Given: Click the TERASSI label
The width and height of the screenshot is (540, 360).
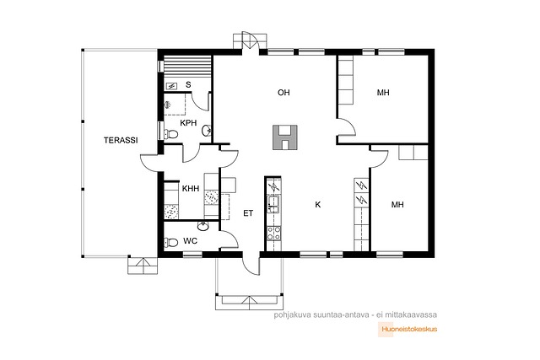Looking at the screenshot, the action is [x=121, y=140].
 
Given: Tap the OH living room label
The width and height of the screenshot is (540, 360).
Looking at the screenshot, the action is [x=283, y=92].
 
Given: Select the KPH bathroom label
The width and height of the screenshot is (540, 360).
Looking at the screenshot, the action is [x=188, y=122].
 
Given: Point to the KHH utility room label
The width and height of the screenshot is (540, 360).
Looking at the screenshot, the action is [x=191, y=188].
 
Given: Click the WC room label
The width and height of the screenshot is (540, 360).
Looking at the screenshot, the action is [x=191, y=240].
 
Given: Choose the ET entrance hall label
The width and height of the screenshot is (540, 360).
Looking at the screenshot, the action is [x=248, y=213].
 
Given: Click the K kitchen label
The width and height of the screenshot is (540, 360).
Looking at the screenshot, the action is [x=318, y=204].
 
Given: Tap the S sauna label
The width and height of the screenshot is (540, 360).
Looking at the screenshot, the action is [x=188, y=84].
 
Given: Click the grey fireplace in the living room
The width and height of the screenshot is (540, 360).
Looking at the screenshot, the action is [x=285, y=137].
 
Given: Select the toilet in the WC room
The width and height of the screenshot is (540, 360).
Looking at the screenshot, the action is [x=170, y=243].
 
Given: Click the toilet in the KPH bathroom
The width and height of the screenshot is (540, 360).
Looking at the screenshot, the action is [x=170, y=134].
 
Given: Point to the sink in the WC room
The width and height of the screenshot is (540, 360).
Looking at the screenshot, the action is [x=203, y=226].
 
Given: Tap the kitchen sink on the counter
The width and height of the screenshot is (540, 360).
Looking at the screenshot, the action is [x=273, y=204].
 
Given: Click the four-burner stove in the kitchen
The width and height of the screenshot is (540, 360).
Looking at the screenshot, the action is [x=274, y=233].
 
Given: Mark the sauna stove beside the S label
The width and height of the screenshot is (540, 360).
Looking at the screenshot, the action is [x=171, y=86].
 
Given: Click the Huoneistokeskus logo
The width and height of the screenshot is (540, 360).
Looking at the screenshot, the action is [x=408, y=329].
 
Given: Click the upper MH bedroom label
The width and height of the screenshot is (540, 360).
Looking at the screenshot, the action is [x=383, y=92].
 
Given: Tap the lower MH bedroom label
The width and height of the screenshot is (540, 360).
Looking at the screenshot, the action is [x=397, y=204].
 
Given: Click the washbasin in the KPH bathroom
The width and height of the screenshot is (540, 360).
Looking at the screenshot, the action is [x=207, y=131].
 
